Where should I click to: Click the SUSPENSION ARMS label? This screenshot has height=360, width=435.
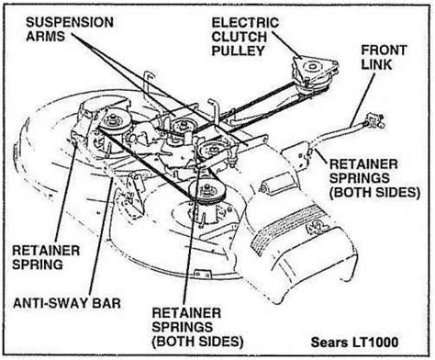[x=70, y=29]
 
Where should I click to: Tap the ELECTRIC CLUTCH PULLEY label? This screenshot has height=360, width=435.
[x=245, y=37]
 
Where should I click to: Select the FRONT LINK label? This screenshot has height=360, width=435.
[x=384, y=57]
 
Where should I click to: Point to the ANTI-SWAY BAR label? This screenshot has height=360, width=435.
[x=67, y=303]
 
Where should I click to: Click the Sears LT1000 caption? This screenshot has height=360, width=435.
[x=354, y=342]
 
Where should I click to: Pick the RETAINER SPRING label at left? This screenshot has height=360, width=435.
[x=46, y=257]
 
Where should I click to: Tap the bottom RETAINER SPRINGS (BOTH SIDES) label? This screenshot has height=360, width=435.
[x=197, y=327]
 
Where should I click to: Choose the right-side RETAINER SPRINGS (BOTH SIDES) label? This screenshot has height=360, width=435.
[x=374, y=178]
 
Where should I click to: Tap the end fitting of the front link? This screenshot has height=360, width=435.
[x=374, y=121]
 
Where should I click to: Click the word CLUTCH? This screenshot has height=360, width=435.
[x=240, y=37]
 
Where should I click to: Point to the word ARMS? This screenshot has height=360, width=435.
[x=45, y=36]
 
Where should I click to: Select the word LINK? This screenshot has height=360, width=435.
[x=376, y=64]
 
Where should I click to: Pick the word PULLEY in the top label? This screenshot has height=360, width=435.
[x=238, y=51]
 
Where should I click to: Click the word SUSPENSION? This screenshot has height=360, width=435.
[x=70, y=22]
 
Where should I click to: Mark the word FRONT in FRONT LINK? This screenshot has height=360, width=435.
[x=384, y=51]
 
